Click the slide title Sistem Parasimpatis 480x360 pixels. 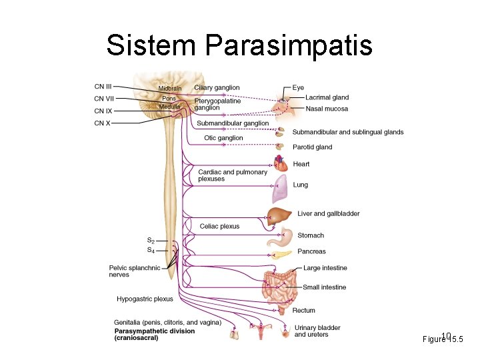[x=239, y=45]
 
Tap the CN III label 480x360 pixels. [x=103, y=86]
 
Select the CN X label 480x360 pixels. [x=102, y=123]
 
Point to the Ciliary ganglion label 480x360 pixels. [x=217, y=88]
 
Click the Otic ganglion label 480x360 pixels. [x=223, y=138]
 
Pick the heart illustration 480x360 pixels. [x=281, y=163]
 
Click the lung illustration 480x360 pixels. [x=279, y=189]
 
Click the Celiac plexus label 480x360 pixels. [x=219, y=227]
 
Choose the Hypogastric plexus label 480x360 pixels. [x=145, y=299]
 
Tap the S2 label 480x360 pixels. [x=151, y=241]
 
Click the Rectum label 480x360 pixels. [x=303, y=311]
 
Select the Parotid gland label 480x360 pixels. [x=312, y=147]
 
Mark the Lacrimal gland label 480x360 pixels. [x=327, y=98]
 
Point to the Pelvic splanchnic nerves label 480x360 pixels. [x=135, y=271]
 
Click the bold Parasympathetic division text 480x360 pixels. [x=155, y=331]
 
